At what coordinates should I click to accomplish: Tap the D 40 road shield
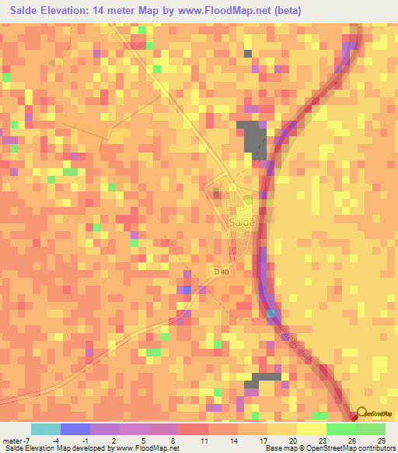(x=222, y=271)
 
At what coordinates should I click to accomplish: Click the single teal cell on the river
(x=271, y=314)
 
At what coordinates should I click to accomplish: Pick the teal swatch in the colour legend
(x=46, y=429)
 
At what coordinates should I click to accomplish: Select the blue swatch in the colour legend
(x=75, y=429)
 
